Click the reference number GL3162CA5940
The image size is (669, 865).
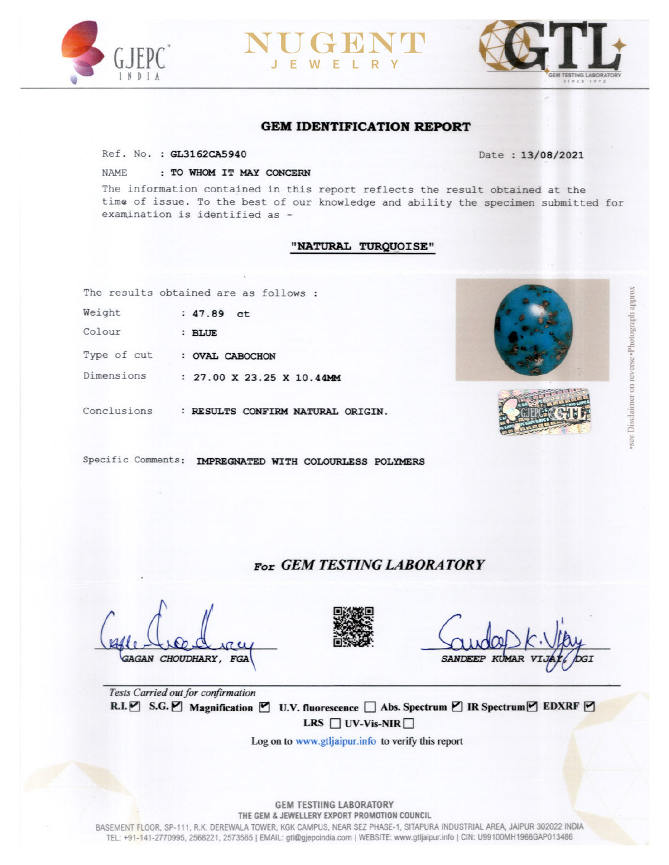208,154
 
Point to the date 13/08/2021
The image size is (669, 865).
552,155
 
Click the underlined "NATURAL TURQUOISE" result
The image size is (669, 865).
363,247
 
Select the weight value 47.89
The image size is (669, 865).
208,314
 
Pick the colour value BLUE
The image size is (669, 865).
204,333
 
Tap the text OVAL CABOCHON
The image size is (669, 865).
234,356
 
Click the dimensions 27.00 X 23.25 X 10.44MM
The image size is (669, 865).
267,378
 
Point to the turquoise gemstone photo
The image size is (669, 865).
532,330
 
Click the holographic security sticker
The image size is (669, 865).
544,412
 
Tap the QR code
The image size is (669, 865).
353,627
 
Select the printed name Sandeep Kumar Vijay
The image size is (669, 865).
503,659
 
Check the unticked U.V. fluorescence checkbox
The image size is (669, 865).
370,707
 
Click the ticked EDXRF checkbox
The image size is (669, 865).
589,706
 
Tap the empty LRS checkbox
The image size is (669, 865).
335,723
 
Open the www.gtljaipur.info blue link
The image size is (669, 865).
335,741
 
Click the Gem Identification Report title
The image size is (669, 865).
366,127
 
